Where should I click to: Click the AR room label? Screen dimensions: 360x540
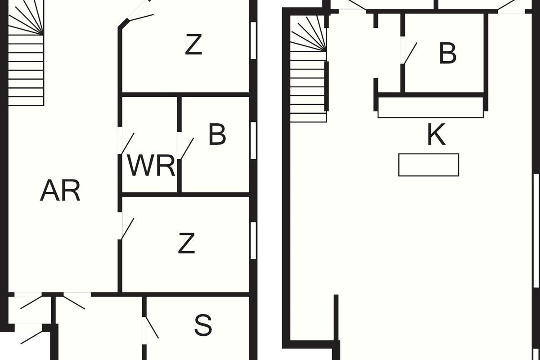(x=60, y=191)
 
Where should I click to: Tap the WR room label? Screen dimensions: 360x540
(x=151, y=166)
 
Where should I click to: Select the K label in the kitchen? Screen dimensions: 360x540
(x=436, y=135)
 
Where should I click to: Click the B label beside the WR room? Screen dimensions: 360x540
(x=217, y=135)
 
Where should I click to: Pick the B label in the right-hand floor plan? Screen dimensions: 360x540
(x=447, y=54)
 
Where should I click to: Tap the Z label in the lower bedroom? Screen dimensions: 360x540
(x=186, y=244)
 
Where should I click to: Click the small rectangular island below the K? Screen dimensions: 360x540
(x=428, y=165)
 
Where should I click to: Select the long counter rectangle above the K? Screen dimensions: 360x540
(x=430, y=108)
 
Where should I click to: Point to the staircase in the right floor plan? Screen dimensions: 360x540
(x=308, y=72)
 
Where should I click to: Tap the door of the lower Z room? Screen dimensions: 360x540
(x=127, y=229)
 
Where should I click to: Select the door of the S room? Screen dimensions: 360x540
(x=151, y=328)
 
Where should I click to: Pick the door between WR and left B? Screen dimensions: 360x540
(x=186, y=148)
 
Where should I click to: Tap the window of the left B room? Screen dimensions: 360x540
(x=253, y=140)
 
